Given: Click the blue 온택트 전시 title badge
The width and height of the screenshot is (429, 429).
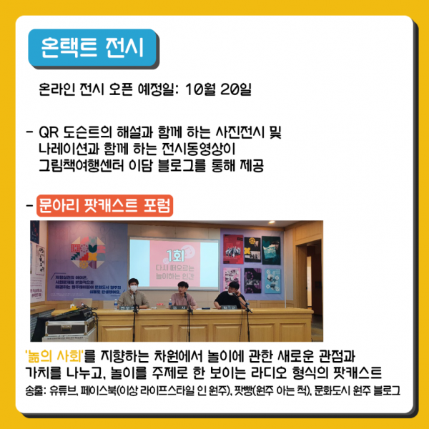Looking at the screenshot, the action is point(92,48).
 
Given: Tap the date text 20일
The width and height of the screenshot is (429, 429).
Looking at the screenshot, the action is point(235,89).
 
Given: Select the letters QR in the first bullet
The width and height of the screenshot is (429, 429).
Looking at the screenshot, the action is point(49,132).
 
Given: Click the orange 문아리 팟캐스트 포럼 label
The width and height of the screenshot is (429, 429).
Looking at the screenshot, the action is point(105,205).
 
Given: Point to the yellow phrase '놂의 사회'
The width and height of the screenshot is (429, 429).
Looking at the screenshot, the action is point(54,356).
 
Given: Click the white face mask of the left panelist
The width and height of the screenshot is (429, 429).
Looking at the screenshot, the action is point(134,288).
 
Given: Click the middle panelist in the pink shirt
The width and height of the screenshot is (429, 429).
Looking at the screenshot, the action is point(183,296).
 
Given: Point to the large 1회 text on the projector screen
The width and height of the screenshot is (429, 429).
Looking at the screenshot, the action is point(175,255).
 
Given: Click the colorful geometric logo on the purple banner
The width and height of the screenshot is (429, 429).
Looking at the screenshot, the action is point(88,252).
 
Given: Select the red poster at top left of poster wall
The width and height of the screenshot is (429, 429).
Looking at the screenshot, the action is point(233,249).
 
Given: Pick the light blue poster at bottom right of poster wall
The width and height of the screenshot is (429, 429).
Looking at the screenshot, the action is point(272,280).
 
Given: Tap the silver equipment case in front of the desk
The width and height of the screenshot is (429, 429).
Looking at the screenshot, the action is point(71,327).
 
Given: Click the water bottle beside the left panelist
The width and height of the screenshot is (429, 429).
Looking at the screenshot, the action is point(115,305).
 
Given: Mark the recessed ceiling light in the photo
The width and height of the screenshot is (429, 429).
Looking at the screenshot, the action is point(272,222).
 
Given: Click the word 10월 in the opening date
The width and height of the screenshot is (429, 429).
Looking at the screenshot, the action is point(200,89).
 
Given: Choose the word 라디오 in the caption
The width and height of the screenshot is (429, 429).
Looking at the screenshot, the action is point(268,373).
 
